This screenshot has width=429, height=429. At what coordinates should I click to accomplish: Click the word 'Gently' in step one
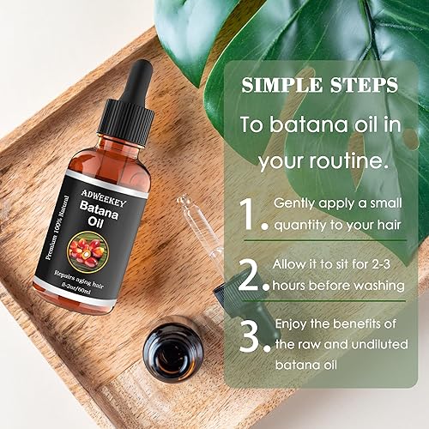[x=297, y=203]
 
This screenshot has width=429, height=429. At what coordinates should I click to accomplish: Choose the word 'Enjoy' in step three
[x=293, y=323]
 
